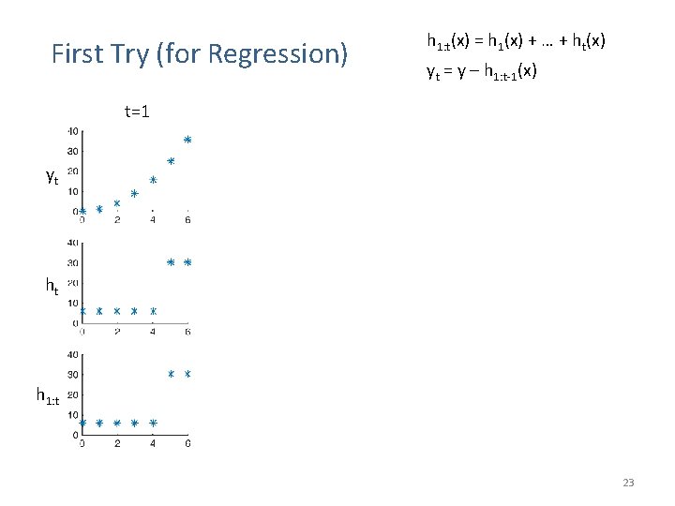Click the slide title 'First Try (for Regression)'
(199, 54)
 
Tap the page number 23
(628, 483)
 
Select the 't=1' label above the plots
(138, 112)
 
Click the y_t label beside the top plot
(52, 176)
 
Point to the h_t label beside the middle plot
(52, 288)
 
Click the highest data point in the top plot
(187, 140)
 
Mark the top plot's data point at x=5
(171, 161)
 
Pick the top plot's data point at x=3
(134, 194)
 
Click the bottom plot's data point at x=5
(171, 375)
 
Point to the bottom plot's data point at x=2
(117, 424)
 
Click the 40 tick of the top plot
(72, 131)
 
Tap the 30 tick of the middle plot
(72, 263)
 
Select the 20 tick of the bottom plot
(72, 395)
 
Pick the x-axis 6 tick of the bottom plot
(187, 443)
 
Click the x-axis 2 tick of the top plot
(117, 220)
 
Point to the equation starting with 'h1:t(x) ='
(516, 41)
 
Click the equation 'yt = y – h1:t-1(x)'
(482, 71)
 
